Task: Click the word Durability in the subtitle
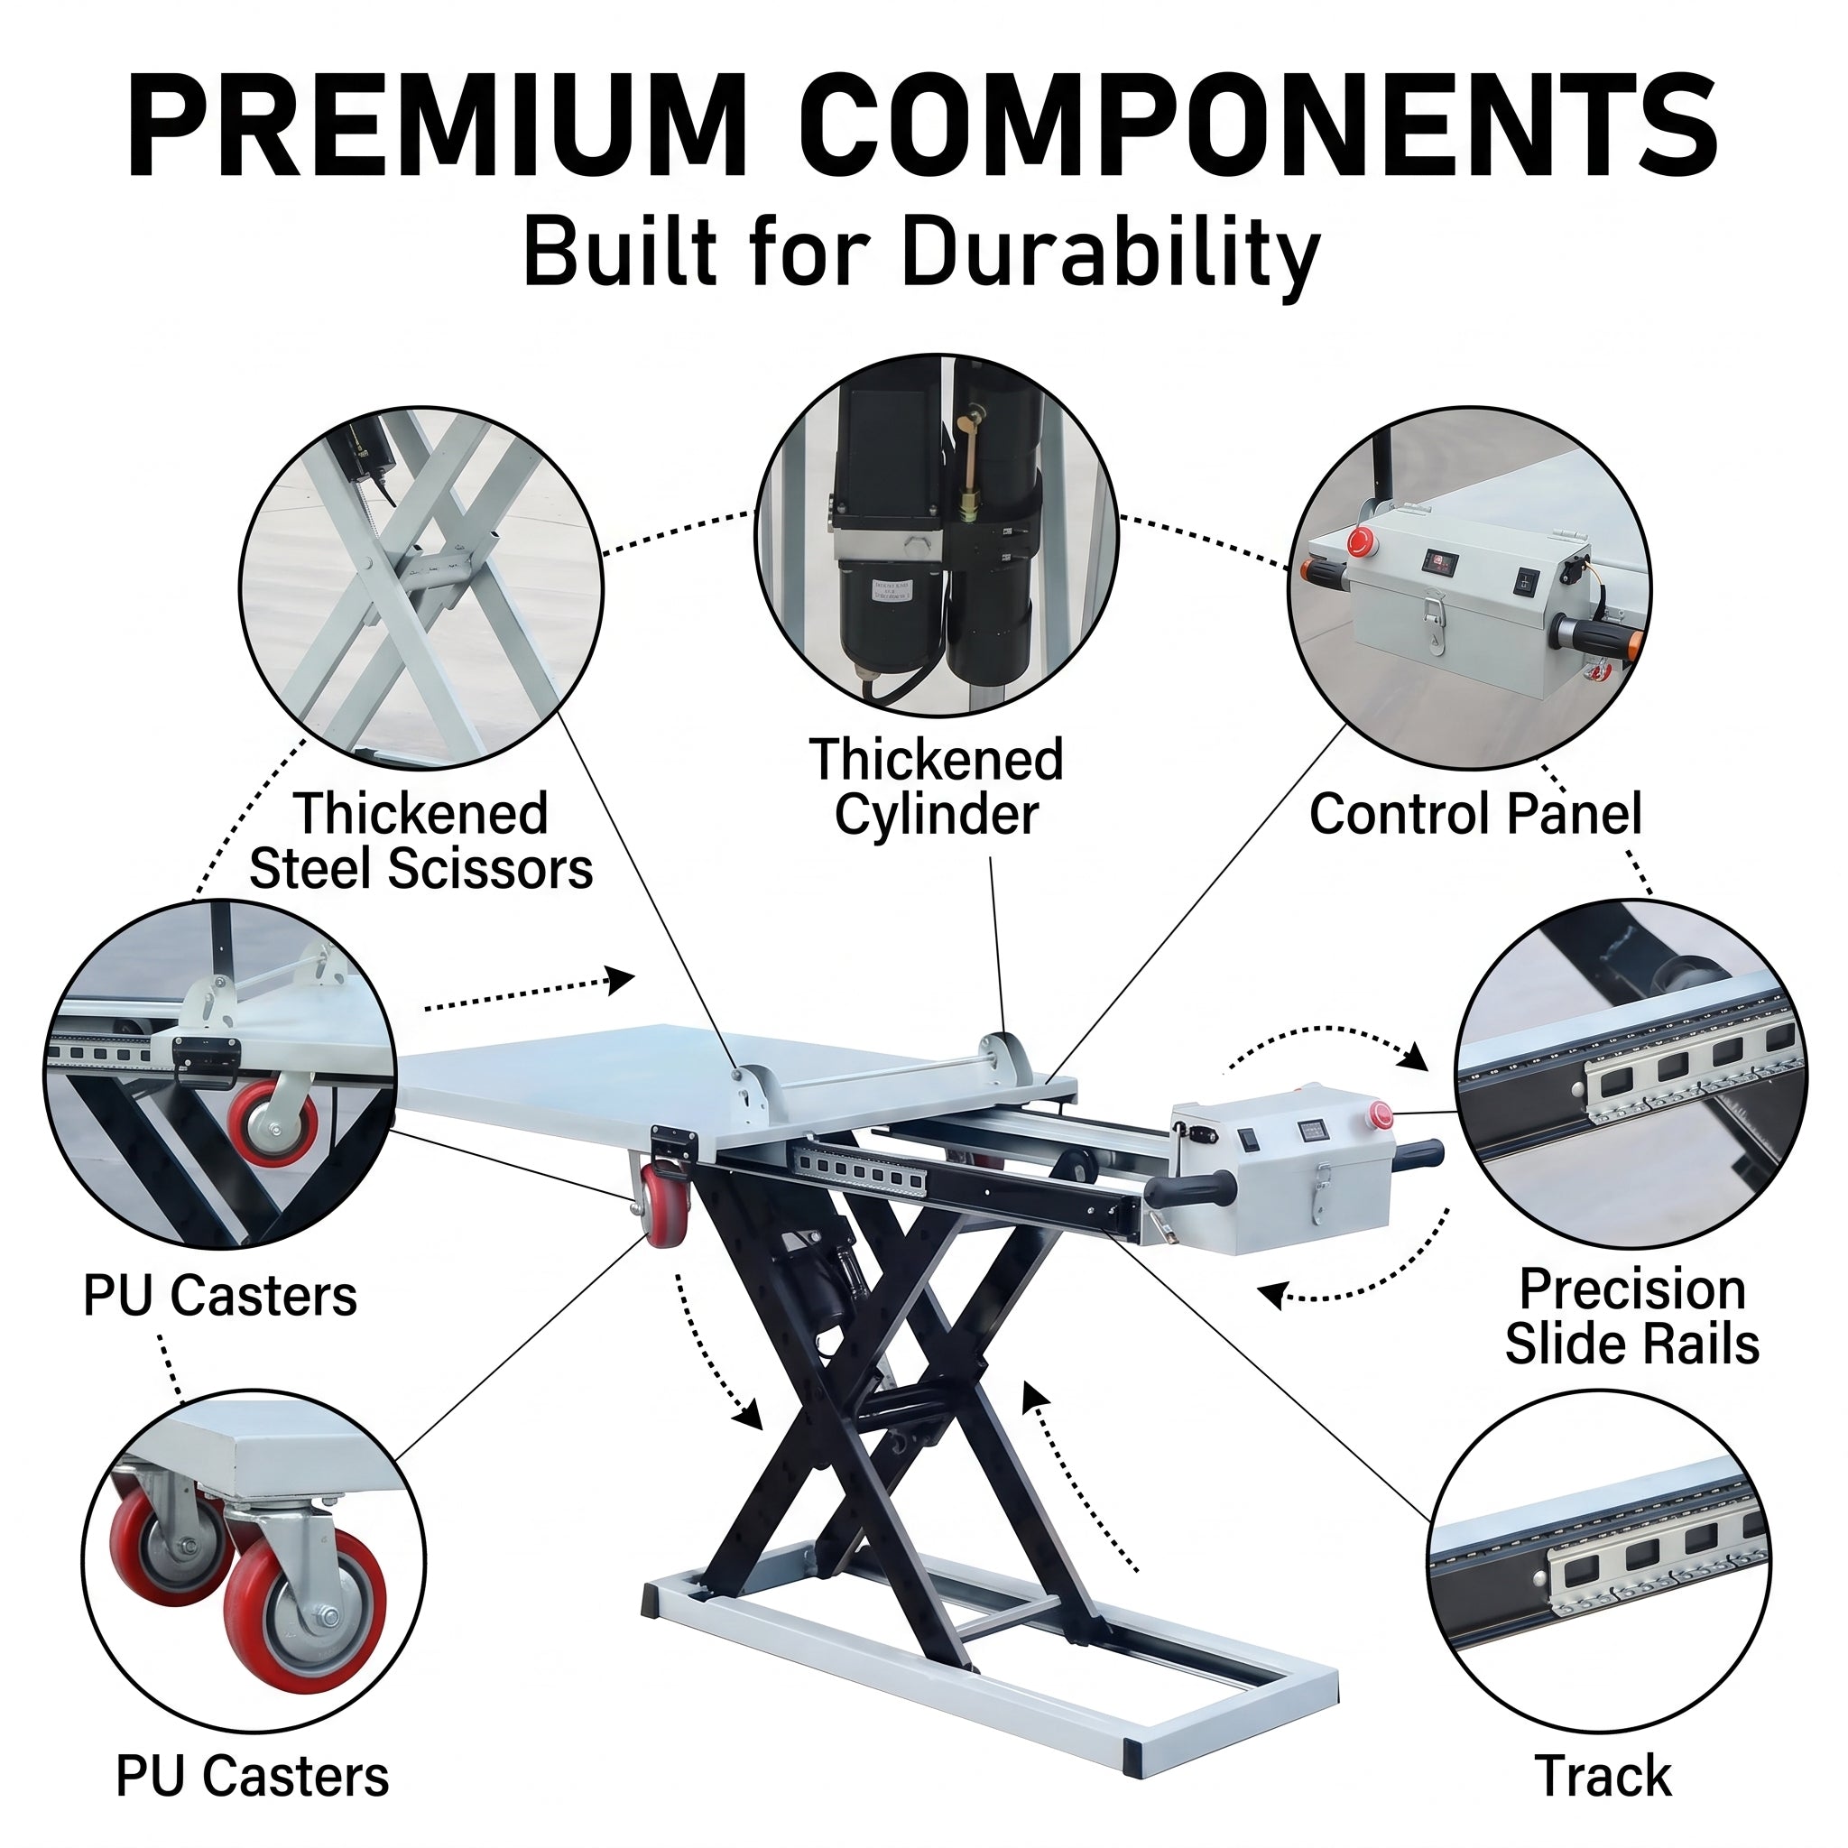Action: (1111, 254)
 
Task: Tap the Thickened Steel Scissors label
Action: (420, 841)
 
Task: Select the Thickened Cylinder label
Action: (937, 786)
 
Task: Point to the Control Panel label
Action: (1476, 814)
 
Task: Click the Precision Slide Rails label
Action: (1632, 1317)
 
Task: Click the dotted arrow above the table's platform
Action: (529, 992)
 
